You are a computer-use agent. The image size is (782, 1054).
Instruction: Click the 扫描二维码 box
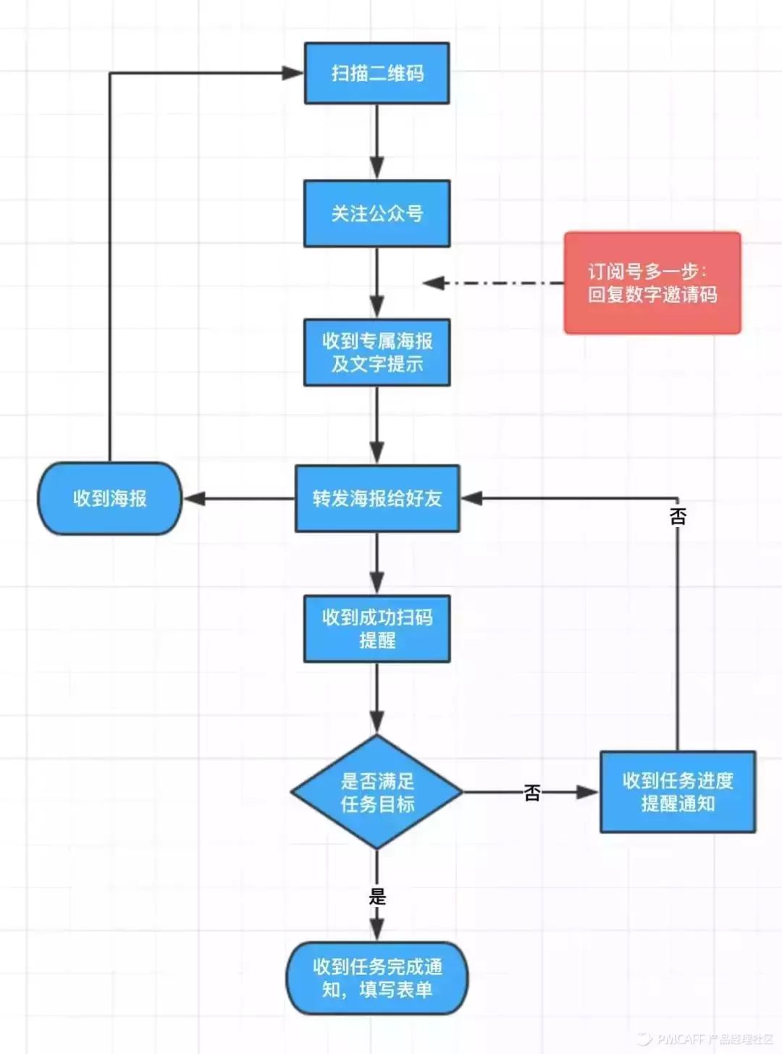coord(377,73)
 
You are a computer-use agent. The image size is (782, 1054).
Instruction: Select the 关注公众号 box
coord(377,214)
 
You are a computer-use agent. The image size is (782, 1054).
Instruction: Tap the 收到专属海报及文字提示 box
coord(377,353)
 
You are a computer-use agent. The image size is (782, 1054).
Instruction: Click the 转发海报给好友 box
coord(377,499)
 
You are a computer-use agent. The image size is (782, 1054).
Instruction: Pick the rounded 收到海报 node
coord(109,499)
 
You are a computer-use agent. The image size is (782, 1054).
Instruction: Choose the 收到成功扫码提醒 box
coord(377,628)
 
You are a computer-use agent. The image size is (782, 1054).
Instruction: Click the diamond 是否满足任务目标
coord(377,792)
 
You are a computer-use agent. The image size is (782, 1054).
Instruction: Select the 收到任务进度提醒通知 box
coord(677,792)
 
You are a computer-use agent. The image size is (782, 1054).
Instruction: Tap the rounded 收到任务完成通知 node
coord(377,978)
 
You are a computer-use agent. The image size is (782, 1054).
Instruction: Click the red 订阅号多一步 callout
coord(652,283)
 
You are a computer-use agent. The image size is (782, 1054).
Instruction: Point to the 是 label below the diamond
coord(377,896)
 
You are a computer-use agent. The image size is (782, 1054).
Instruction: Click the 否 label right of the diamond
coord(532,793)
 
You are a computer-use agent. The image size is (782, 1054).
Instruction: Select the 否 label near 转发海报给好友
coord(678,516)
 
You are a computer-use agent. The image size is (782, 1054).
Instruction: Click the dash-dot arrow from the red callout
coord(492,283)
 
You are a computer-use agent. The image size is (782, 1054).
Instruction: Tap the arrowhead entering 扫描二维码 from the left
coord(292,73)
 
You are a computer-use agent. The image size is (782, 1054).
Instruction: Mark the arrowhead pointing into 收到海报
coord(194,499)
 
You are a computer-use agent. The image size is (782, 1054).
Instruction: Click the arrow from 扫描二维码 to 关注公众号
coord(377,141)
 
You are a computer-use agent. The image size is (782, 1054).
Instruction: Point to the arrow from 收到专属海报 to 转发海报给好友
coord(377,424)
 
